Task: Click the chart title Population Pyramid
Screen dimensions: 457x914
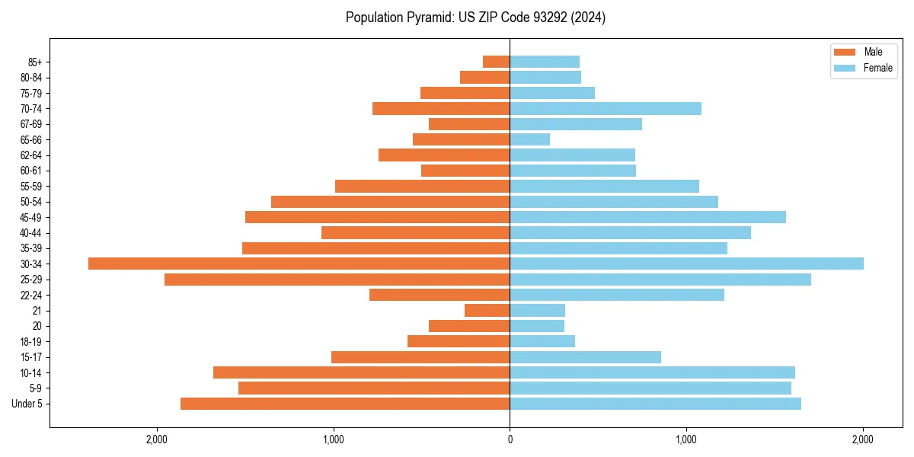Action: pyautogui.click(x=475, y=18)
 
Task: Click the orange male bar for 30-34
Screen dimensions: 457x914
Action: pyautogui.click(x=299, y=264)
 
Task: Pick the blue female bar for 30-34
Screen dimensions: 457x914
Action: pyautogui.click(x=686, y=264)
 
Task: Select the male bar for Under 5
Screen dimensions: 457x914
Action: pyautogui.click(x=345, y=404)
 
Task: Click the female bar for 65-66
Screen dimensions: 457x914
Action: pyautogui.click(x=530, y=139)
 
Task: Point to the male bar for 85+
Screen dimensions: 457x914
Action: pyautogui.click(x=497, y=62)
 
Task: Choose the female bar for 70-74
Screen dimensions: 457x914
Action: pyautogui.click(x=606, y=108)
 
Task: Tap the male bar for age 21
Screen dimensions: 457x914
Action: pyautogui.click(x=487, y=310)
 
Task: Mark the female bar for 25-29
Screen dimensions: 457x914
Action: pyautogui.click(x=660, y=280)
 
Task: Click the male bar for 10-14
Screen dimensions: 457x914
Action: pyautogui.click(x=362, y=372)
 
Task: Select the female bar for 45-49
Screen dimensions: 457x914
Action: pyautogui.click(x=647, y=217)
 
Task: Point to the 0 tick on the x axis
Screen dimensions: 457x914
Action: pyautogui.click(x=510, y=439)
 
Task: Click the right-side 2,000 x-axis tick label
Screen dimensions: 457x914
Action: pyautogui.click(x=863, y=439)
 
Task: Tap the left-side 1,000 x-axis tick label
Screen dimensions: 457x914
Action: pyautogui.click(x=334, y=439)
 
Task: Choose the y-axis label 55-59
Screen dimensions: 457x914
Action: pyautogui.click(x=31, y=186)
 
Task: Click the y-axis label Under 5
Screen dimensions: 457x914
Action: pyautogui.click(x=27, y=404)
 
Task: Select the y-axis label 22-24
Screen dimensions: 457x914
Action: pyautogui.click(x=31, y=295)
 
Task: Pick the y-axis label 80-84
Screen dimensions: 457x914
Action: pyautogui.click(x=31, y=77)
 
